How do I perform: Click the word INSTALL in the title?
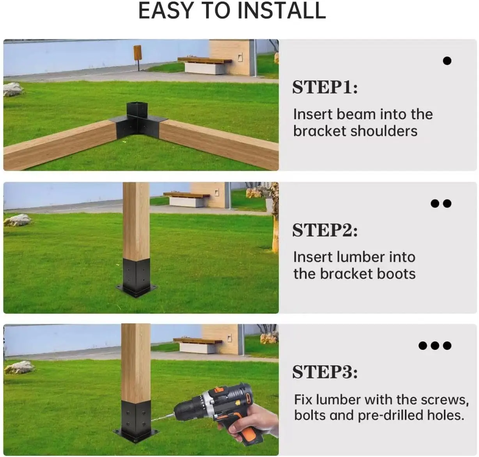282,11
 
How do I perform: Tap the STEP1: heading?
325,87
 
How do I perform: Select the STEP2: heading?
325,230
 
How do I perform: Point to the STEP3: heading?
325,372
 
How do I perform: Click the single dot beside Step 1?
447,61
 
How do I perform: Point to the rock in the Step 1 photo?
13,89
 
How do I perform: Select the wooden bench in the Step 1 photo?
204,64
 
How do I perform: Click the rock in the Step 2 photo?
18,220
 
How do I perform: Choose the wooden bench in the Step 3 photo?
197,345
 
